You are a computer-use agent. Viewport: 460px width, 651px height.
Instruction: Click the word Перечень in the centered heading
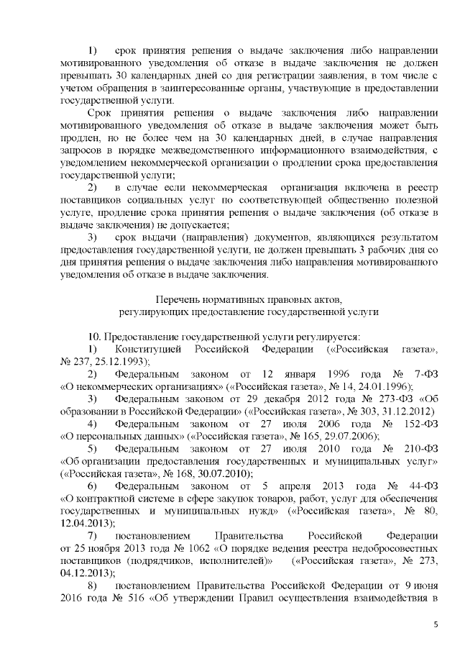point(178,298)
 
